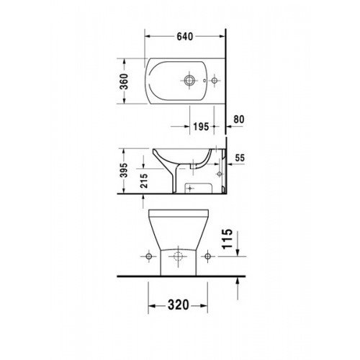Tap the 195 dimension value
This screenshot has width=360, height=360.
tap(201, 125)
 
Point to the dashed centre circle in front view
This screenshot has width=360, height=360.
tap(178, 256)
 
